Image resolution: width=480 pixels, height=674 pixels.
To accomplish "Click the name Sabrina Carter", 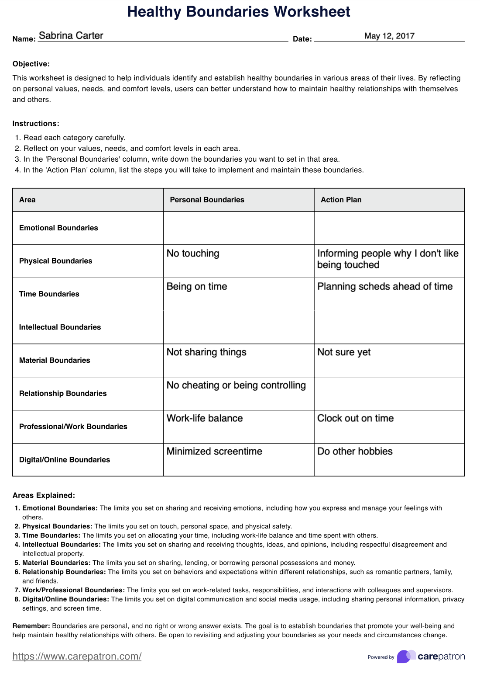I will click(71, 35).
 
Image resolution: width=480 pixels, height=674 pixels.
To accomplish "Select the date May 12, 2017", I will click(389, 36).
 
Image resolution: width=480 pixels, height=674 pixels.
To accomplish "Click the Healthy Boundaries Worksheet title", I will click(239, 12).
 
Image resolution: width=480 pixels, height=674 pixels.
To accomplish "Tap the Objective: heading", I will click(31, 64).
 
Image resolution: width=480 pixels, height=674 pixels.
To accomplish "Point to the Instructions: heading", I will click(36, 123).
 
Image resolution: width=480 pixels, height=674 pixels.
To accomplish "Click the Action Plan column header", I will click(341, 200).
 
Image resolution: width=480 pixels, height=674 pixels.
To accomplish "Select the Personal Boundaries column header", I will click(207, 200).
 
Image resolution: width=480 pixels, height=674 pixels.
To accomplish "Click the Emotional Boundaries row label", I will click(58, 228).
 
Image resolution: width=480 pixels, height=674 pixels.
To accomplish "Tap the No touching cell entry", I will click(193, 254).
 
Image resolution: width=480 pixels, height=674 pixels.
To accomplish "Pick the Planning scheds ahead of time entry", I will click(385, 287).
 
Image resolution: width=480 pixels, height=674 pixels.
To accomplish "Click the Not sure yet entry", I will click(344, 352).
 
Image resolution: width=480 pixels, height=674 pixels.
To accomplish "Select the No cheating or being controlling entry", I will click(236, 386).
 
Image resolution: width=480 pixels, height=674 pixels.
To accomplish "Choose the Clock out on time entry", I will click(355, 418).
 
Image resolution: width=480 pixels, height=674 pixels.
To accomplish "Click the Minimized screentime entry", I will click(214, 452).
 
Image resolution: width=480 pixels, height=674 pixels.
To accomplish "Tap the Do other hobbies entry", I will click(355, 452).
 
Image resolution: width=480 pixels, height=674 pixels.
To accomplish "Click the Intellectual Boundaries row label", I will click(60, 327).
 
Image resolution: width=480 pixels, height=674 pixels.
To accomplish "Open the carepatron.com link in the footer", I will click(77, 656).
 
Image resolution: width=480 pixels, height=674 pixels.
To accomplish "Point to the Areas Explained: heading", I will click(44, 495).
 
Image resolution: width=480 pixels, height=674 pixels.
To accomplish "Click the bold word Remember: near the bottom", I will click(31, 626).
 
